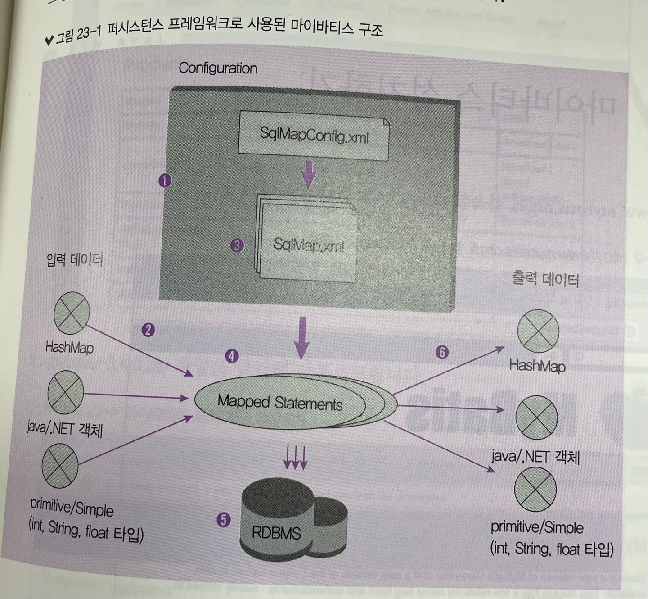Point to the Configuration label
(x=218, y=68)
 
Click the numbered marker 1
(x=165, y=181)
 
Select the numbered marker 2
(x=148, y=330)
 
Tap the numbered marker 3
(x=237, y=245)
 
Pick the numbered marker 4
(x=231, y=356)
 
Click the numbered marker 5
(x=223, y=520)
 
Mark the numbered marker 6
(x=442, y=352)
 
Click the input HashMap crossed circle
(x=72, y=313)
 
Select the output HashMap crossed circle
(x=538, y=331)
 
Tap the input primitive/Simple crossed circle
(x=60, y=465)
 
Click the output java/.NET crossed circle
(x=536, y=417)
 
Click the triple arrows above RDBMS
(x=295, y=458)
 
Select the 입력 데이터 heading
(x=75, y=260)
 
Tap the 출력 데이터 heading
(x=545, y=280)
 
